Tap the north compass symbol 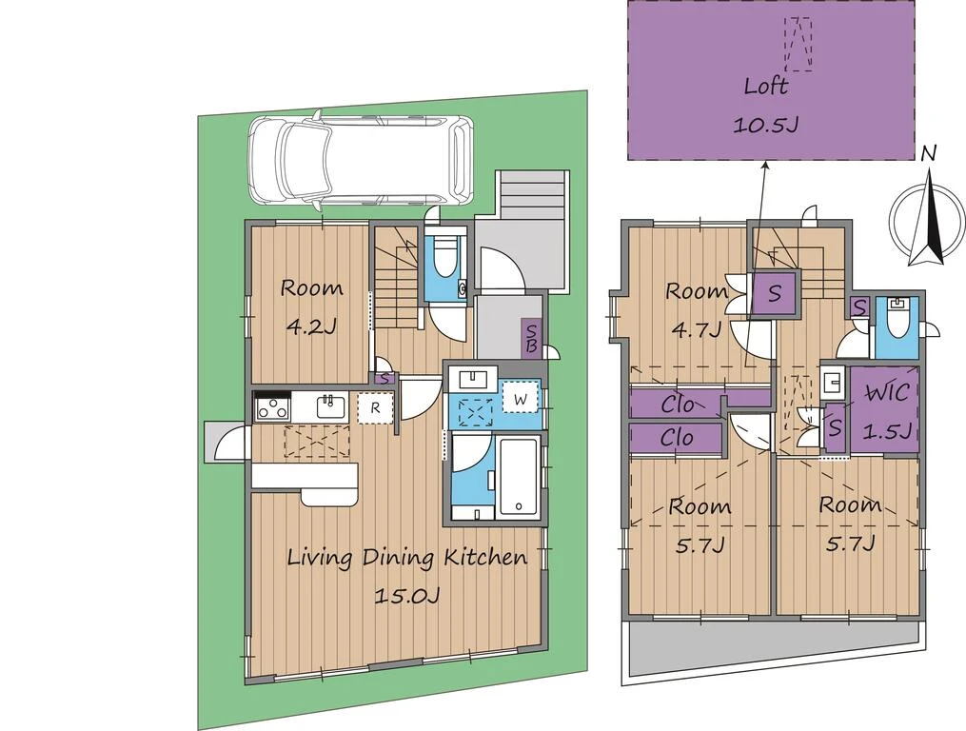point(929,212)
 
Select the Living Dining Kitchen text point(408,558)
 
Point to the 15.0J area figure point(407,596)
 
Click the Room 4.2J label point(312,306)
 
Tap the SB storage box point(531,339)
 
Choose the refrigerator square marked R point(374,407)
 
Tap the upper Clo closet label point(678,405)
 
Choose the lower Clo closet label point(677,438)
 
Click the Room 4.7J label point(696,310)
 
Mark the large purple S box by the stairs point(775,293)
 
